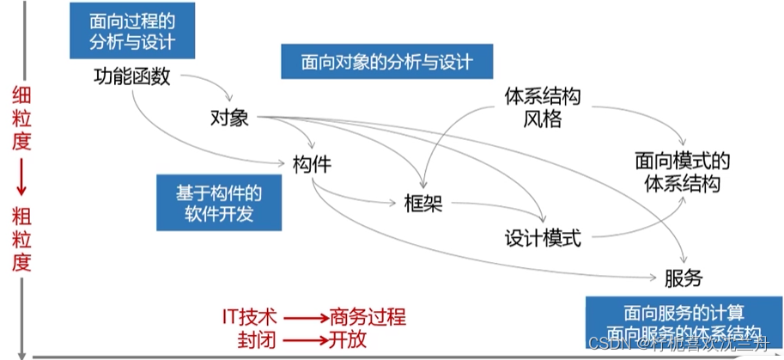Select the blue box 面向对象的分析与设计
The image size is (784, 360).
(387, 62)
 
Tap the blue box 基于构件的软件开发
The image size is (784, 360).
(218, 201)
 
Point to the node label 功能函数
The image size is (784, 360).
(132, 77)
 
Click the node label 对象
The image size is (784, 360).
(229, 117)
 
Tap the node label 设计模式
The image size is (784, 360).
(543, 237)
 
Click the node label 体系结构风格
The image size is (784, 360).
(542, 107)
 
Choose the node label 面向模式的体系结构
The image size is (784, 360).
(683, 171)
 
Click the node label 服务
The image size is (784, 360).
(683, 278)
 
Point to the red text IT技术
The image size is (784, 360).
(250, 316)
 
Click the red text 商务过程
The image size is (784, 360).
(367, 316)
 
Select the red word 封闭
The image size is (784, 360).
(256, 339)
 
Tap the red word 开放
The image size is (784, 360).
(348, 339)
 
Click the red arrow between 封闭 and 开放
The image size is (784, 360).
(301, 339)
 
